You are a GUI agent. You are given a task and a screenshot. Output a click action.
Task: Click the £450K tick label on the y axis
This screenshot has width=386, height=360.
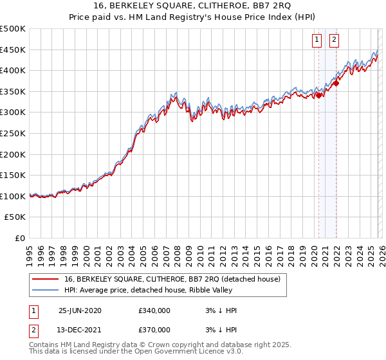[13, 50]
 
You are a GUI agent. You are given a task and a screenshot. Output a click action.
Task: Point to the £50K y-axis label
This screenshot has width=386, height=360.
[15, 217]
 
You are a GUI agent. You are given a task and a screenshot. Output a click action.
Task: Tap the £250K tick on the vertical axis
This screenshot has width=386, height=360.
[13, 133]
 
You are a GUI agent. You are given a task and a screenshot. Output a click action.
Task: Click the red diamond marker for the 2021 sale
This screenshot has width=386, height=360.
[336, 84]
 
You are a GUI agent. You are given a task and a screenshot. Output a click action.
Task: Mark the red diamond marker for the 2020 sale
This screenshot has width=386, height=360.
[319, 96]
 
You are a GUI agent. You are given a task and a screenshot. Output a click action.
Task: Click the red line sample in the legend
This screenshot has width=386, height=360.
[46, 280]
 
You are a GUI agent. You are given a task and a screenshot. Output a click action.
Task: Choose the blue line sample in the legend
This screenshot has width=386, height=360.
[46, 291]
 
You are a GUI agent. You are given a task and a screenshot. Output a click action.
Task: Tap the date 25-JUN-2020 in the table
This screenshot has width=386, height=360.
[80, 310]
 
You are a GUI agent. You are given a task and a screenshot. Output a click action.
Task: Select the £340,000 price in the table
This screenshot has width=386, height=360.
[154, 310]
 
